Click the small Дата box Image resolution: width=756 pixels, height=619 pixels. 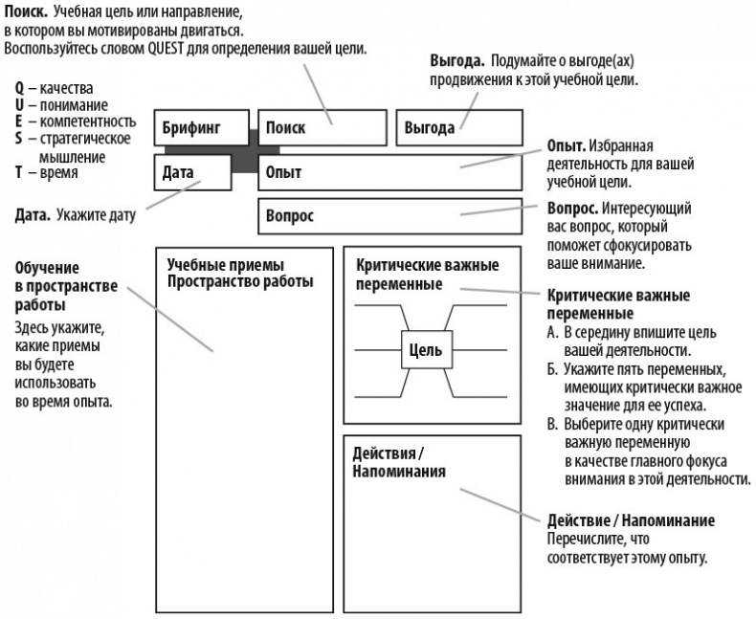pyautogui.click(x=192, y=172)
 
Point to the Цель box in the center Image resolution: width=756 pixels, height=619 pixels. pyautogui.click(x=425, y=350)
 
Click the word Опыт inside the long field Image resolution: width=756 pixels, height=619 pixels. pyautogui.click(x=283, y=172)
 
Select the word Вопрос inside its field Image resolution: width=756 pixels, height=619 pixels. pyautogui.click(x=290, y=216)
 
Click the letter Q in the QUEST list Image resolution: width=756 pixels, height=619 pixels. pyautogui.click(x=19, y=89)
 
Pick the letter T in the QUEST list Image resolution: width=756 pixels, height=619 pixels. pyautogui.click(x=19, y=173)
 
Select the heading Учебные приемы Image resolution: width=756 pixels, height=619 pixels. pyautogui.click(x=226, y=265)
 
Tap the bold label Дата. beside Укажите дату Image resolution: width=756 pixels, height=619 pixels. pyautogui.click(x=34, y=215)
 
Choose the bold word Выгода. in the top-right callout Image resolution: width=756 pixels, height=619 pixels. pyautogui.click(x=456, y=61)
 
